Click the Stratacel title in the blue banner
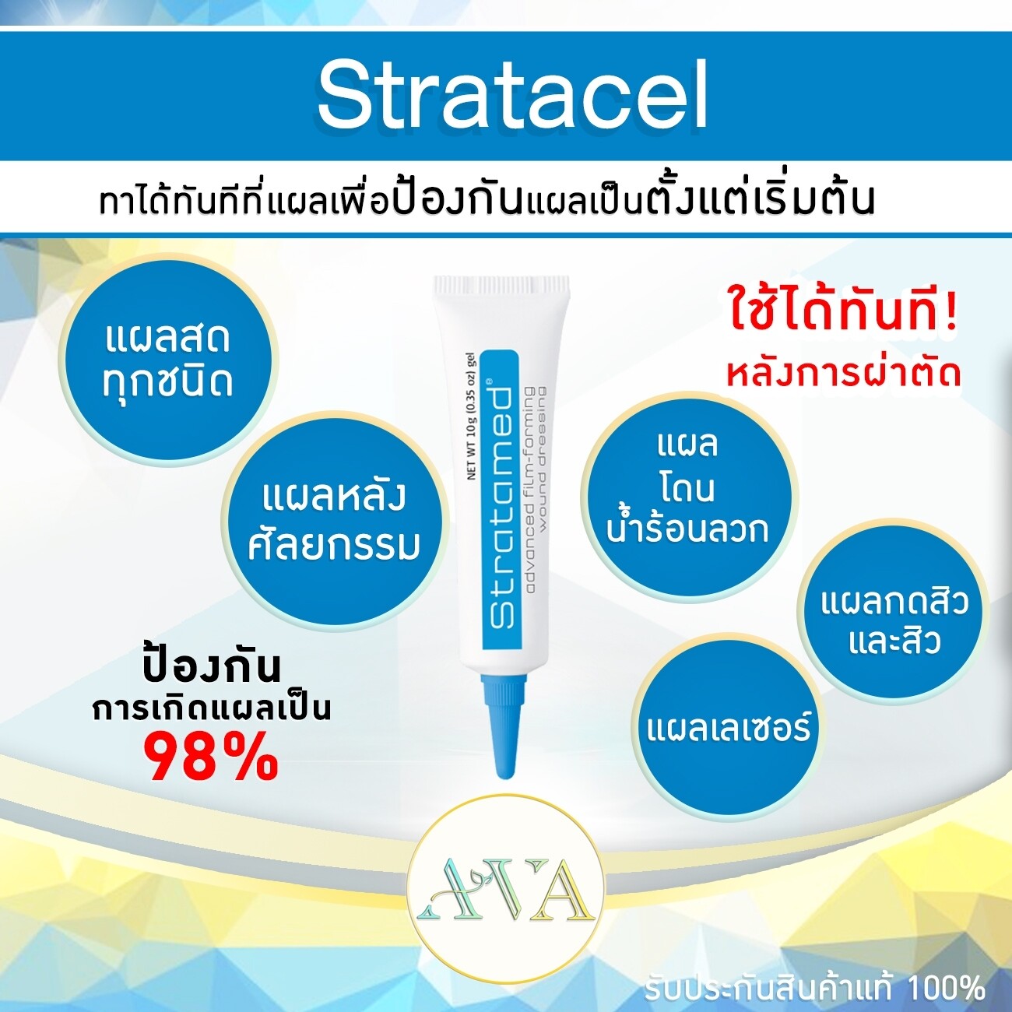pyautogui.click(x=512, y=95)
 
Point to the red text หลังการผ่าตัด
pyautogui.click(x=842, y=374)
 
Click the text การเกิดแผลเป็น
pyautogui.click(x=212, y=708)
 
